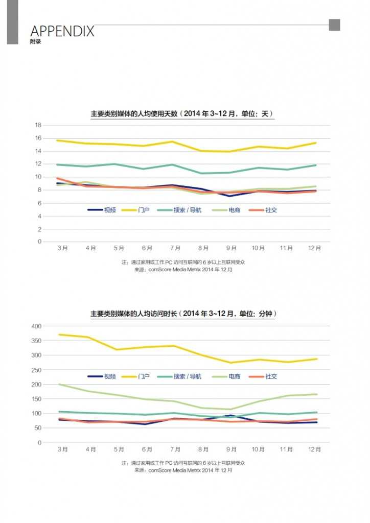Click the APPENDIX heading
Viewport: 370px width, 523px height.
[62, 31]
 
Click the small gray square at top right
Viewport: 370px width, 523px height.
[334, 25]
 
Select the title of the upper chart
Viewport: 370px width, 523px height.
[182, 114]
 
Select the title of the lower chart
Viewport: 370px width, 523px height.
[182, 314]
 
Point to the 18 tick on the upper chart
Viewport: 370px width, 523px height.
[38, 125]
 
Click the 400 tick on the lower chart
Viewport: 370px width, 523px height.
[36, 326]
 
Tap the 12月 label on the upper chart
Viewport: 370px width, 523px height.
[315, 248]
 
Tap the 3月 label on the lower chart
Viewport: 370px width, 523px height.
[63, 449]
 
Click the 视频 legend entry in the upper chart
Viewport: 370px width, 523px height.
[102, 210]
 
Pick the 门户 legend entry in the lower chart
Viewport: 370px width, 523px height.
[136, 376]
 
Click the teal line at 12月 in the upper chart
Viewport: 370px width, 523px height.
[316, 165]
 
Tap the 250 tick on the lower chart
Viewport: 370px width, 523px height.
[36, 370]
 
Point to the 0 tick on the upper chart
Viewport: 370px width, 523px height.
[39, 242]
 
